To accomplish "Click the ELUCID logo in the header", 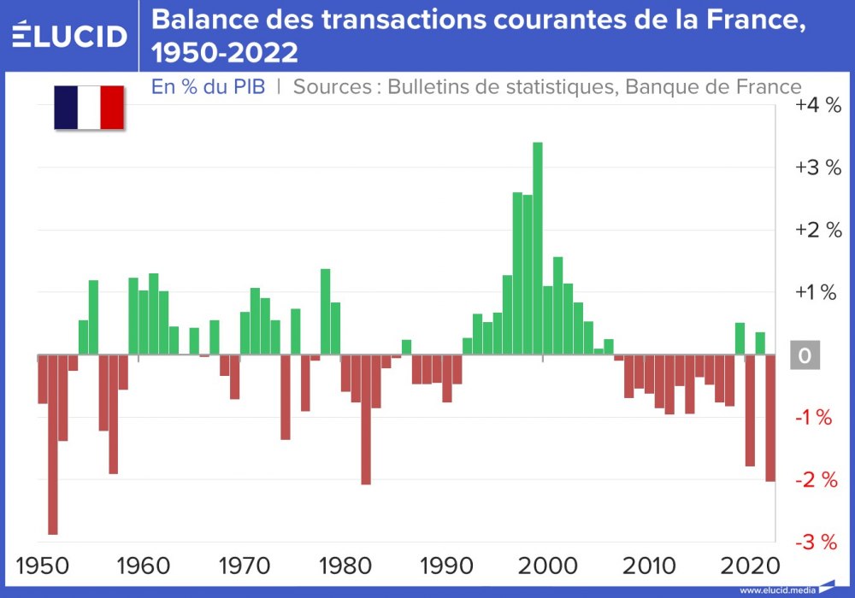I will click(70, 35).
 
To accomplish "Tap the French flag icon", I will click(89, 108).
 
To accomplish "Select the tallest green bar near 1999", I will click(538, 248).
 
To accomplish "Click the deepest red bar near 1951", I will click(53, 444).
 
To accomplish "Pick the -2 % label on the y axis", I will click(817, 480).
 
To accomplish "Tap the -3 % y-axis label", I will click(817, 542).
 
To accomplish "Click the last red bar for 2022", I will click(769, 418).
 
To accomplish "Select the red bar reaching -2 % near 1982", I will click(366, 419).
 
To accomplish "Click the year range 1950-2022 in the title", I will click(225, 53).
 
